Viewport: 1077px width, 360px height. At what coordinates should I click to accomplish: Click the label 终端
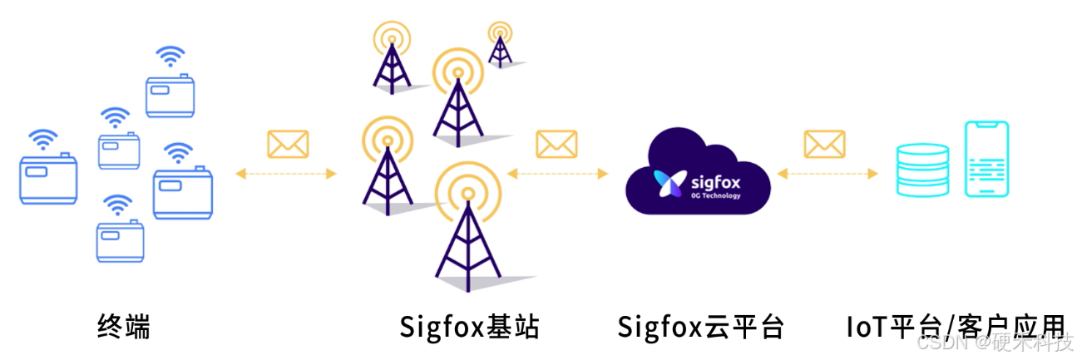[124, 326]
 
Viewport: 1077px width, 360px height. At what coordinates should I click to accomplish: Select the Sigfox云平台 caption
[700, 326]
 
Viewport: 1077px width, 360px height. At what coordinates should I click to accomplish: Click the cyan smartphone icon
[986, 159]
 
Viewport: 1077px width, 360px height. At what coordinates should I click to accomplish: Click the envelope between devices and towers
[287, 145]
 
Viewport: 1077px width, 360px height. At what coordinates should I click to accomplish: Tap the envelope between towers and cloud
[556, 145]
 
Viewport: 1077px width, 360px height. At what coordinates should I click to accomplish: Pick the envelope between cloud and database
[824, 145]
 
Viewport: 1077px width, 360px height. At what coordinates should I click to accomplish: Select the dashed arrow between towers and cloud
[556, 174]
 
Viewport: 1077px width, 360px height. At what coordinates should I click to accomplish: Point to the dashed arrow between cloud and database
[827, 174]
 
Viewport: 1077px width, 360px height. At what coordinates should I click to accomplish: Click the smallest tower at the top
[500, 45]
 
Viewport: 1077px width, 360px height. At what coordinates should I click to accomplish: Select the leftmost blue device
[48, 178]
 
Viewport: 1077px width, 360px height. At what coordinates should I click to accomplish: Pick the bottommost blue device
[120, 240]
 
